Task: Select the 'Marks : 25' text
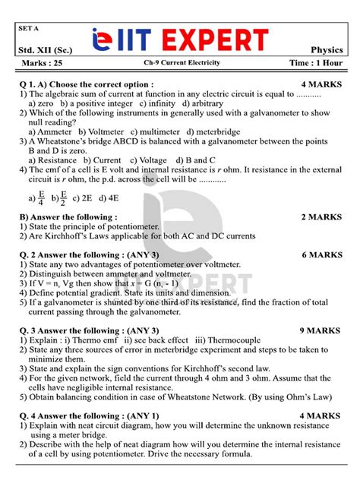point(41,63)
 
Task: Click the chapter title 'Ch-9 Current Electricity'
point(180,63)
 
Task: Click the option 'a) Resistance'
point(52,160)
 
